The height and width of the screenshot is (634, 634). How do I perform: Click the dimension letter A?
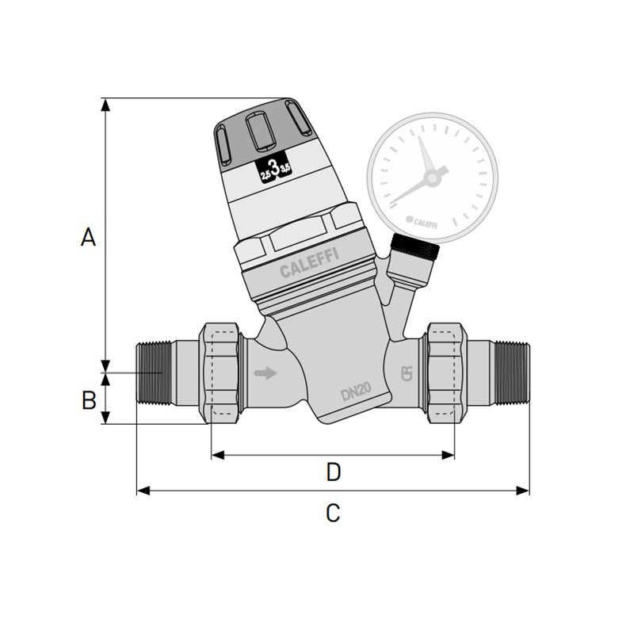tap(88, 236)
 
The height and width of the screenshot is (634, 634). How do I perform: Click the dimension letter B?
tap(89, 400)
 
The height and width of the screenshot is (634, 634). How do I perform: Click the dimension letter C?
tap(333, 513)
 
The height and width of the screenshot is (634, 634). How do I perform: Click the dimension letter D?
tap(334, 472)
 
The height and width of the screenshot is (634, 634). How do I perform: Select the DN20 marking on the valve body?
tap(357, 391)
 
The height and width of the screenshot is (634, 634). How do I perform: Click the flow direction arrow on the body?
tap(265, 372)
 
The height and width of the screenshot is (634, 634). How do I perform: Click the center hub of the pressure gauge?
tap(432, 178)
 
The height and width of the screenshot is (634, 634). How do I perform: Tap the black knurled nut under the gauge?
tap(416, 248)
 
